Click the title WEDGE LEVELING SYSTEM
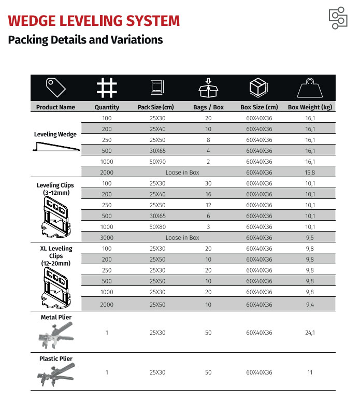point(94,21)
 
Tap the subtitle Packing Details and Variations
point(85,40)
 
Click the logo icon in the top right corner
point(338,19)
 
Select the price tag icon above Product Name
point(55,88)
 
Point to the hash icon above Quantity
point(107,88)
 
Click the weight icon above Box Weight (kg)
point(310,88)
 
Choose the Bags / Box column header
point(208,107)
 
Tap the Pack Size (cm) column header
point(156,107)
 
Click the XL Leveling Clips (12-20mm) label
point(55,256)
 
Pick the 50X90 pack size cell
point(157,162)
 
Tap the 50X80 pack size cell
point(157,227)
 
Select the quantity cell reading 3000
point(107,238)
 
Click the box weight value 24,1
point(310,333)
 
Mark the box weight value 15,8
point(310,173)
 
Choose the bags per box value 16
point(208,194)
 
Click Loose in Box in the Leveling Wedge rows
point(182,173)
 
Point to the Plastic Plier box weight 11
point(310,372)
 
